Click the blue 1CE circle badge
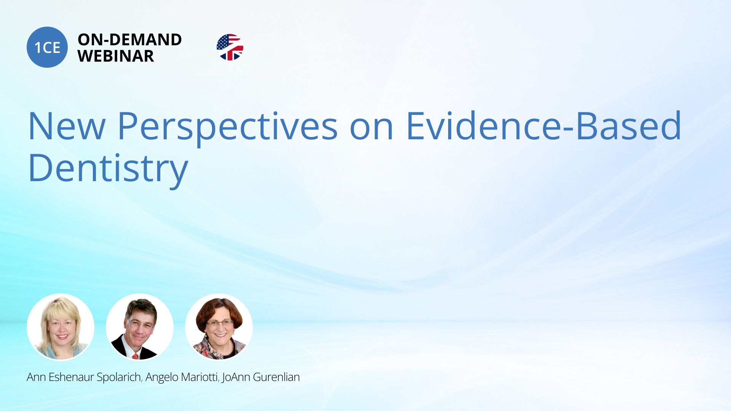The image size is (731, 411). click(47, 47)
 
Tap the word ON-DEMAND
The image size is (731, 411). click(129, 40)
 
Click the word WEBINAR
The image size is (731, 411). click(116, 56)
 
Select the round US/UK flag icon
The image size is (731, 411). click(230, 47)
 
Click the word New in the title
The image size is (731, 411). click(67, 126)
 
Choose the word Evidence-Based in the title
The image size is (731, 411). click(544, 125)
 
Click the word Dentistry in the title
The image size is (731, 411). click(108, 169)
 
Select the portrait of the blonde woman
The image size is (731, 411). click(61, 327)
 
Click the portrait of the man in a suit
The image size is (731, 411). click(140, 327)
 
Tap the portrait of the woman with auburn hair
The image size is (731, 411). click(219, 327)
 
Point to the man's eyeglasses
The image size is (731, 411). click(140, 324)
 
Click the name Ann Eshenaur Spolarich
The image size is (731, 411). click(84, 377)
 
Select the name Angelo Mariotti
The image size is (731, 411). click(182, 377)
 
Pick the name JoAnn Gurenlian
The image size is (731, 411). click(261, 377)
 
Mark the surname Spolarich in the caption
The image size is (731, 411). click(119, 377)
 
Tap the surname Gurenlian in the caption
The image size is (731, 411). click(276, 377)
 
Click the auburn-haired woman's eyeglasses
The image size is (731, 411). click(220, 324)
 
